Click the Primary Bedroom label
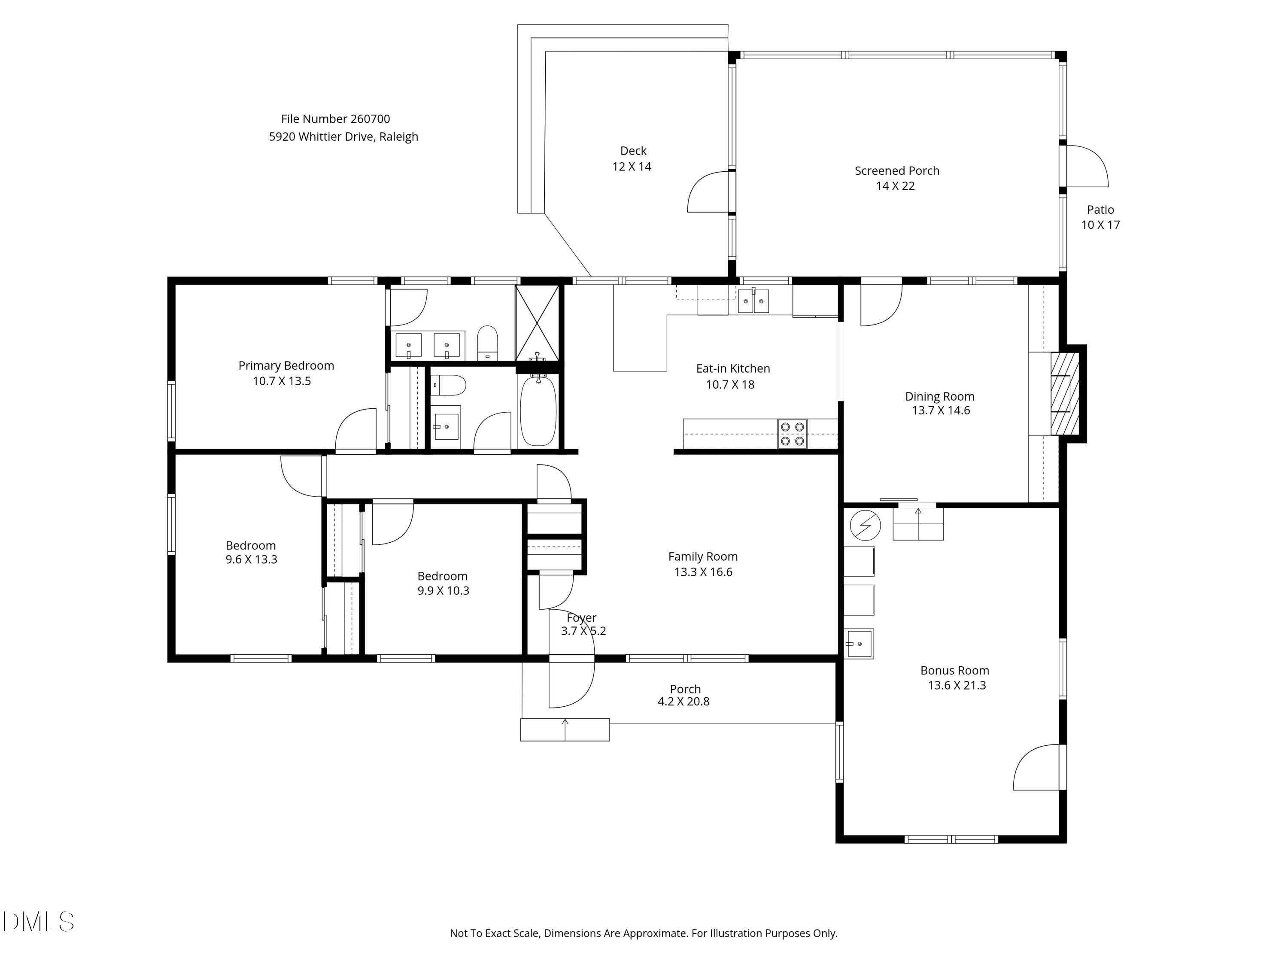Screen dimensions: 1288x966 tap(286, 366)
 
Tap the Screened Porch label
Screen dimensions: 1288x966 tap(897, 170)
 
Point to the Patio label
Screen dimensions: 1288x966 tap(1100, 210)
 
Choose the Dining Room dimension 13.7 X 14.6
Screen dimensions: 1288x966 tap(940, 410)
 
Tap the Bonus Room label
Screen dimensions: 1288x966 tap(954, 670)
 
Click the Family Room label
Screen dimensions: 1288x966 tap(703, 557)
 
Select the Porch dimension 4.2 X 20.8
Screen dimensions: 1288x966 tap(683, 702)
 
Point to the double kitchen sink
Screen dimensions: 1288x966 tap(753, 301)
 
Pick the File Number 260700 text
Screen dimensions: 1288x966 tap(335, 119)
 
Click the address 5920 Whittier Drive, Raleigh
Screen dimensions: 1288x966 tap(343, 137)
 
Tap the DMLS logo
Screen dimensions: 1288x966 tap(39, 922)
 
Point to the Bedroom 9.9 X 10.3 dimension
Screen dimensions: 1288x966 tap(443, 590)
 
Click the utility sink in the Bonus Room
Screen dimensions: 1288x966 tap(859, 644)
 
